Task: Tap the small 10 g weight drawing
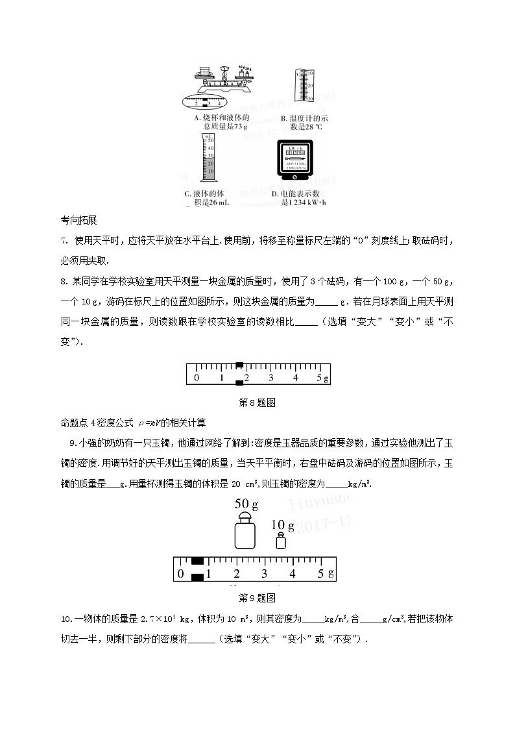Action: pos(280,541)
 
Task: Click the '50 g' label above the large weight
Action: pos(246,503)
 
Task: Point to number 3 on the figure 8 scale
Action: pos(270,377)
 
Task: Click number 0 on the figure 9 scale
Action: pos(180,573)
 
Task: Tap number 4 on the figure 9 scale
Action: pos(293,573)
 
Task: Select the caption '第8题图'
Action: pos(257,402)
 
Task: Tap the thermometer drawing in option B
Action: pos(304,84)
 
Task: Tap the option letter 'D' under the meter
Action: pos(275,194)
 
